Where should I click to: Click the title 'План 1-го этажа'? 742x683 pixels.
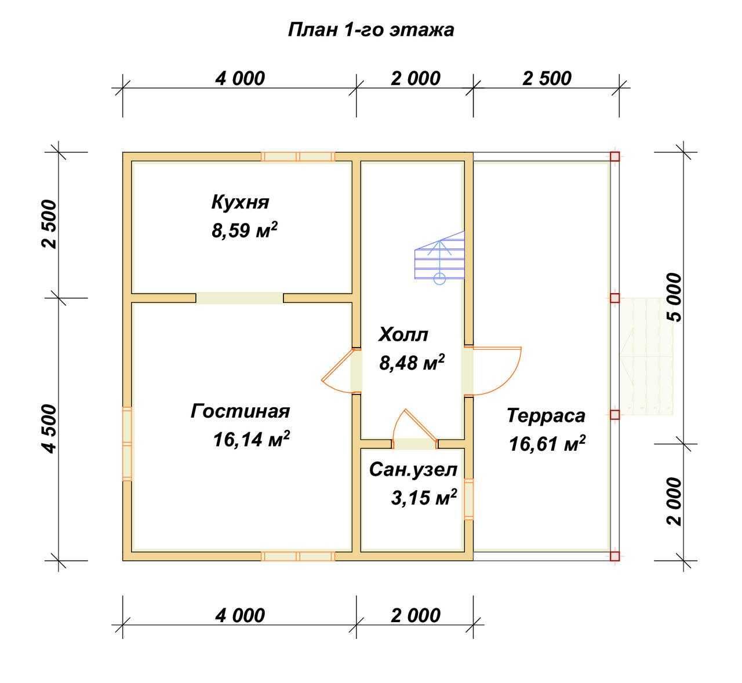pos(370,30)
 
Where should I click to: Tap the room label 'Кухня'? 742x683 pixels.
pos(240,202)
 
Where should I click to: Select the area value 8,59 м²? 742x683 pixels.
pos(244,230)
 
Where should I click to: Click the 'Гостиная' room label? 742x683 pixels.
pos(240,411)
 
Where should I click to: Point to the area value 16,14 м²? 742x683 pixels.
pos(251,439)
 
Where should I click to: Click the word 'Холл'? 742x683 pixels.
pos(403,335)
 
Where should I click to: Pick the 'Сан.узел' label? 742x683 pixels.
pos(413,470)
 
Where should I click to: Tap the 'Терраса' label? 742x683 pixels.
pos(546,415)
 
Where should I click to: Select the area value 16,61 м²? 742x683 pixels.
pos(547,443)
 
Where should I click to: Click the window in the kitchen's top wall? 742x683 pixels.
pos(298,156)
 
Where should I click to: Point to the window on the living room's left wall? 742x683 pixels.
pos(127,444)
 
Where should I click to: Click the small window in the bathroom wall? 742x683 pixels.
pos(468,499)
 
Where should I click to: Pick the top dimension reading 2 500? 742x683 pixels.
pos(547,78)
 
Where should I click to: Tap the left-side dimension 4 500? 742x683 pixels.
pos(49,429)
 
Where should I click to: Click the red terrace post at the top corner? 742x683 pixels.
pos(614,156)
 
